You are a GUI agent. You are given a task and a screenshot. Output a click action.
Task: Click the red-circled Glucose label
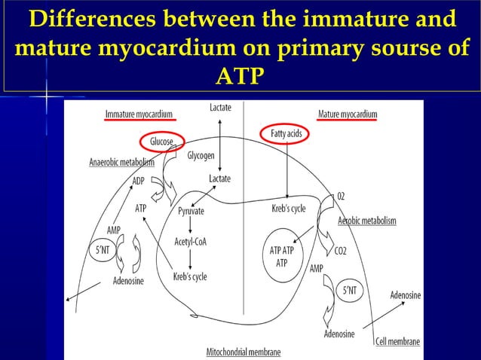tap(161, 142)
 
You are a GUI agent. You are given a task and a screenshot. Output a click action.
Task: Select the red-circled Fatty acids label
tap(286, 134)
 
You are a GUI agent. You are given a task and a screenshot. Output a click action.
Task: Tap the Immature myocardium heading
tap(139, 114)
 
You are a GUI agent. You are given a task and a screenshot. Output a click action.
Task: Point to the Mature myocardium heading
tap(348, 114)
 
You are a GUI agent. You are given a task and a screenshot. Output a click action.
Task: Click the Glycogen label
tap(201, 156)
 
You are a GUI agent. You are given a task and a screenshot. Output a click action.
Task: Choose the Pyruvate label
tap(191, 212)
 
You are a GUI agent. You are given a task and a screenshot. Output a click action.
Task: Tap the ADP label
tap(139, 181)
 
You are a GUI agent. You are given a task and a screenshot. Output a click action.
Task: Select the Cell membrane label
tap(397, 341)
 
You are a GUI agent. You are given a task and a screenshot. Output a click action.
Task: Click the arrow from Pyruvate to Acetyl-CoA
tap(191, 227)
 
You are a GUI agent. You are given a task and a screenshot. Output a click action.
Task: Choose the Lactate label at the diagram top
tap(220, 108)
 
